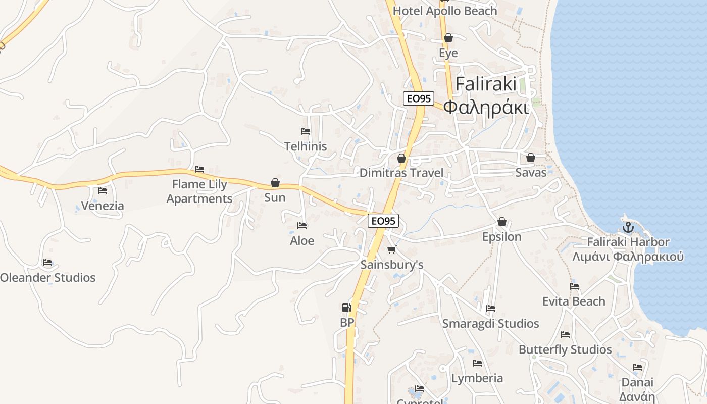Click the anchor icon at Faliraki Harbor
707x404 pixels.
pos(628,227)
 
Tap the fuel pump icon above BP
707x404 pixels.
pos(346,307)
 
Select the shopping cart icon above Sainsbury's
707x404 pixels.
pos(391,249)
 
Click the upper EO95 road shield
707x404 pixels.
pos(419,98)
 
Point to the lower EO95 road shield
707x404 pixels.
pos(383,220)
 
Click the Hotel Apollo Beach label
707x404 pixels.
pos(445,11)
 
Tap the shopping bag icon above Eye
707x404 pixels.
pos(448,38)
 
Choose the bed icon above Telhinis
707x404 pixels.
pos(305,131)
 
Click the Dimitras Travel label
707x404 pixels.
pos(401,173)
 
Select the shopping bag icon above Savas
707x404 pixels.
pos(531,158)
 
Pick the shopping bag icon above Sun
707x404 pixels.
pos(275,182)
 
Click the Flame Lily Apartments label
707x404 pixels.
pos(199,191)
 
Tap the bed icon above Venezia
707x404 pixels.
pos(103,191)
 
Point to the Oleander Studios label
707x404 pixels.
pos(47,277)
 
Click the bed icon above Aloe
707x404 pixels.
pos(302,226)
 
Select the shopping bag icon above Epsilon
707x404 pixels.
pos(501,222)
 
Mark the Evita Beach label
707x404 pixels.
pos(574,301)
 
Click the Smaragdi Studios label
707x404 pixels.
pos(490,323)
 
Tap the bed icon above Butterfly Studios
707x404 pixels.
pos(565,334)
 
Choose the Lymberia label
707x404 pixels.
pos(477,378)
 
